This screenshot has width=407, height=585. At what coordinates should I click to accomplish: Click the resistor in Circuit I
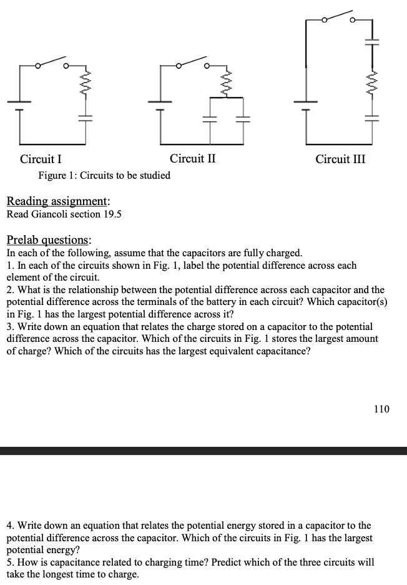point(86,83)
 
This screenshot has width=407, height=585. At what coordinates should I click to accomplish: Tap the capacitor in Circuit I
point(86,119)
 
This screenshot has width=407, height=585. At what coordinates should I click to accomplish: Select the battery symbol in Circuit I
point(20,105)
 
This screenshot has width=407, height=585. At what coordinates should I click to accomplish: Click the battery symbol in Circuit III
point(306,104)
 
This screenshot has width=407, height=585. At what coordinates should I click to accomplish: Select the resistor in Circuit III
point(372,82)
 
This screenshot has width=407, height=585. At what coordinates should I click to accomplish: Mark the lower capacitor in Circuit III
point(372,119)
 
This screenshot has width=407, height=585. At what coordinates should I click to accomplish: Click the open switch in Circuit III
point(338,17)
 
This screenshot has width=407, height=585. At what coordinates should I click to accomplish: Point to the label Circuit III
point(341,159)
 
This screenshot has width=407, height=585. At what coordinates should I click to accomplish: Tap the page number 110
point(381,409)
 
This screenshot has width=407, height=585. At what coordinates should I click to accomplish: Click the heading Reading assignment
point(58,201)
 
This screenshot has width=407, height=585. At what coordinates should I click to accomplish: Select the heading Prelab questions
point(48,240)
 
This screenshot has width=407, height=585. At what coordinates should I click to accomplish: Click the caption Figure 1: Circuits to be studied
point(104,175)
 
